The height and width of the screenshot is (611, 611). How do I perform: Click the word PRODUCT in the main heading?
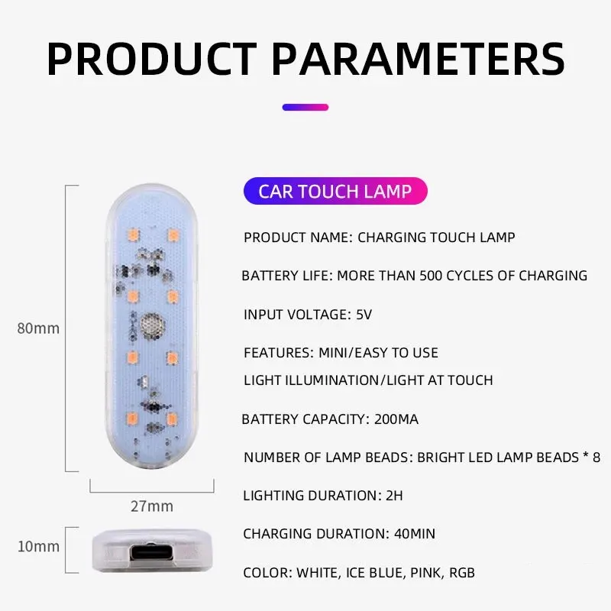151,59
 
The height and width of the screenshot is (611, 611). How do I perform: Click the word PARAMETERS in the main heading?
418,59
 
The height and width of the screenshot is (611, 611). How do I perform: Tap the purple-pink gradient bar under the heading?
305,107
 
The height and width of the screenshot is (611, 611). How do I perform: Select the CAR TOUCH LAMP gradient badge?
335,191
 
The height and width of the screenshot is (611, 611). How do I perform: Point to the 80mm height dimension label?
38,328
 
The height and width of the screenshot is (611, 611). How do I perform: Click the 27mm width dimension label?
152,506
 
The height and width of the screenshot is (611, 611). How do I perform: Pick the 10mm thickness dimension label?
38,546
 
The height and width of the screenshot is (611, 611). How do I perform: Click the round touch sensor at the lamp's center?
152,325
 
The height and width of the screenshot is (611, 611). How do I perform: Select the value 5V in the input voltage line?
364,315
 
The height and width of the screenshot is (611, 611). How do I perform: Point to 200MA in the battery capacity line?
396,419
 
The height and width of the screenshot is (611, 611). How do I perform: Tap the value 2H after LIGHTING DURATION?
394,496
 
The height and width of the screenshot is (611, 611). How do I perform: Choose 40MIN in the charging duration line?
415,534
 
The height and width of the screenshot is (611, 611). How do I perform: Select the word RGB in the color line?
462,573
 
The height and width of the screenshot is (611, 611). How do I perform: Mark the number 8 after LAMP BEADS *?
596,457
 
